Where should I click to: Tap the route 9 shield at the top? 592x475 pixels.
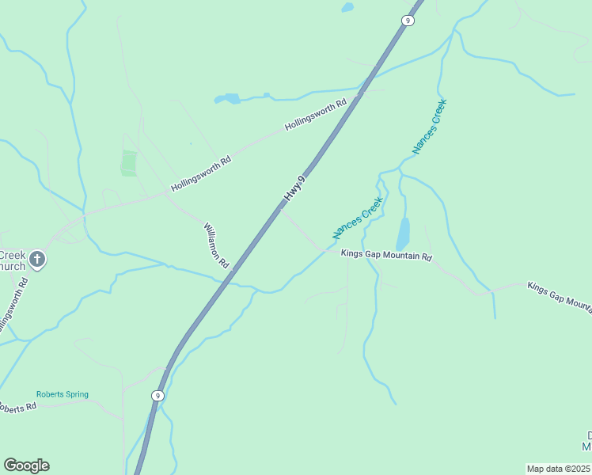point(407,21)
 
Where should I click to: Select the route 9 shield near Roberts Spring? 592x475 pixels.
point(157,396)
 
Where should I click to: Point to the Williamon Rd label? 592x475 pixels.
point(216,245)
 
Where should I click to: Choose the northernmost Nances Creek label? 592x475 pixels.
point(429,126)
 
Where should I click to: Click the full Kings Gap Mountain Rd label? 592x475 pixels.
point(386,256)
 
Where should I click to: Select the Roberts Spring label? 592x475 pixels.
point(62,394)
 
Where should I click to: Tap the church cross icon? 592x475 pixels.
point(37,259)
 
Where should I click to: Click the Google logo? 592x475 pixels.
point(26,465)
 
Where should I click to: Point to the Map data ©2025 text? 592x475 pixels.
point(558,469)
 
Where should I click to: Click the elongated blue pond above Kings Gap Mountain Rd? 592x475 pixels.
point(403,234)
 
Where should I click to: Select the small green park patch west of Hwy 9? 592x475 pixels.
point(128,163)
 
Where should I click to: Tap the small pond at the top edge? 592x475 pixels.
point(347,8)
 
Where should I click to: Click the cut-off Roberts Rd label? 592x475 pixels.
point(17,408)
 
